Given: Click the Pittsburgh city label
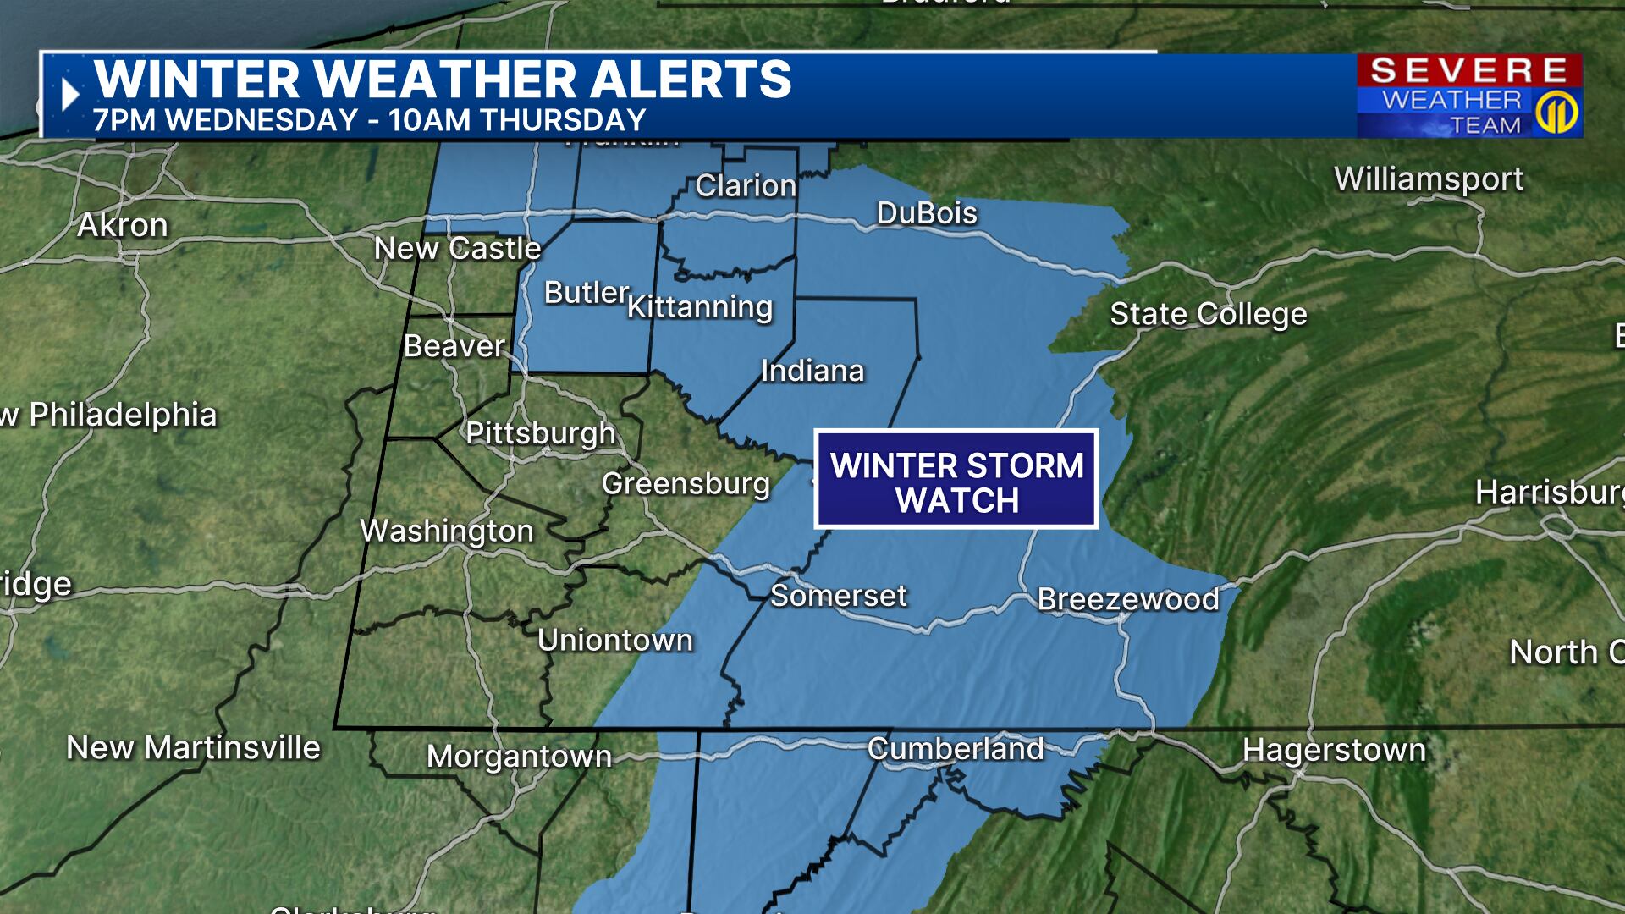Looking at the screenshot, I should (540, 433).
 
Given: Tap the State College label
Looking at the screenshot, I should (1208, 314).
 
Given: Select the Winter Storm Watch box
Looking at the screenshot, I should (956, 480).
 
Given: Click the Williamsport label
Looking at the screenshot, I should (1429, 179).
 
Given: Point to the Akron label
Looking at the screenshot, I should (123, 225).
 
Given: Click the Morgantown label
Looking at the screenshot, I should (519, 756).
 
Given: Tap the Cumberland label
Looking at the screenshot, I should (956, 749).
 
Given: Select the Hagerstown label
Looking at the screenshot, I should (1334, 750).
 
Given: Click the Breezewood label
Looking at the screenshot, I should (1128, 599).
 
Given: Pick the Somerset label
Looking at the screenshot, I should (838, 596).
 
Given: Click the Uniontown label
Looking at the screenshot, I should (615, 641).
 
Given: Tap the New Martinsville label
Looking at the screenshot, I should (193, 748).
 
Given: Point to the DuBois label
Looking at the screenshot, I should (927, 213).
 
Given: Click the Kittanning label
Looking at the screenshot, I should (700, 307).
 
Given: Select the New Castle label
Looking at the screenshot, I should (457, 249).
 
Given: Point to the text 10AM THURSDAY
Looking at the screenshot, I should (517, 120).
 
